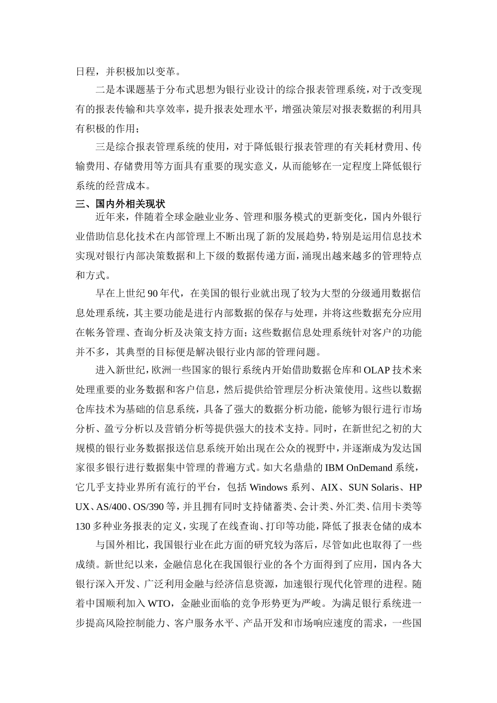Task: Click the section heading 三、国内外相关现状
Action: point(120,204)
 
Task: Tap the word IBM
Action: point(334,468)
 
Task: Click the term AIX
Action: point(329,487)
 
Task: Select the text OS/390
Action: point(149,507)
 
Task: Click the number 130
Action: point(83,526)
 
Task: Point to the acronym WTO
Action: point(159,604)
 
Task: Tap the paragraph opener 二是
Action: point(105,90)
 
